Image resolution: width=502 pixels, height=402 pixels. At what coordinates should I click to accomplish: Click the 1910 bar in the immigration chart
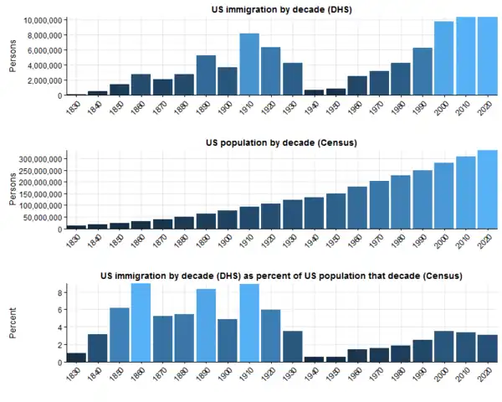click(249, 64)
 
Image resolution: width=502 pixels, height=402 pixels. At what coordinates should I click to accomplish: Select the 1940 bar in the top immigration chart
click(314, 92)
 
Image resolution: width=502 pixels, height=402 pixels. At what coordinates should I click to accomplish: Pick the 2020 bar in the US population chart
click(487, 189)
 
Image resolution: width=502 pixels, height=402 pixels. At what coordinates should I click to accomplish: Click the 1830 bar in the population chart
click(76, 226)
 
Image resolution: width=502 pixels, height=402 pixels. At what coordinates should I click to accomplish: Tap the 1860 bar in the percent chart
click(141, 323)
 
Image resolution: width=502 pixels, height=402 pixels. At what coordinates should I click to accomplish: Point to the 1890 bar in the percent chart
click(206, 326)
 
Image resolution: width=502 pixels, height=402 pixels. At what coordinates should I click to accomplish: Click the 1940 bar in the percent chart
click(314, 359)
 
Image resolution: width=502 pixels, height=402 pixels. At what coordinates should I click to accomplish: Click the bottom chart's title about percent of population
click(281, 276)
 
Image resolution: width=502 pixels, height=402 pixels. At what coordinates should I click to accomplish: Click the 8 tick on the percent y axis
click(60, 292)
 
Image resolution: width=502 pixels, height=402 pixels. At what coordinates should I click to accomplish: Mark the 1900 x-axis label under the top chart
click(223, 107)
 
